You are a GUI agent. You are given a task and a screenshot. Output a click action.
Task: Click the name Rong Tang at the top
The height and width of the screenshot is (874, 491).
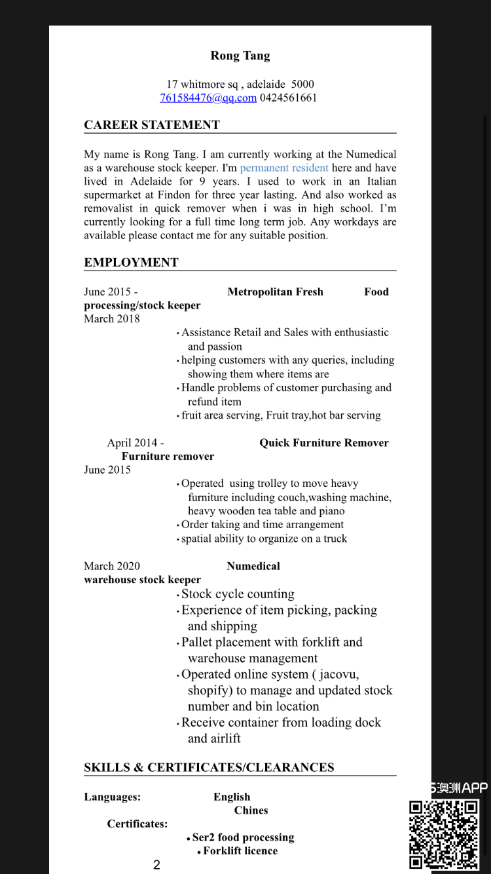click(x=240, y=56)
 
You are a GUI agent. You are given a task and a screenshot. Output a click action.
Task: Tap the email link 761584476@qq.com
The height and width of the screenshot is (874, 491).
click(x=208, y=98)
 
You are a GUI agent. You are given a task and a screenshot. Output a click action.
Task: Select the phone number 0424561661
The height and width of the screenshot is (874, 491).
click(x=288, y=98)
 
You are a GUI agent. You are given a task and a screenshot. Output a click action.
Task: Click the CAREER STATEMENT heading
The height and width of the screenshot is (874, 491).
click(x=152, y=125)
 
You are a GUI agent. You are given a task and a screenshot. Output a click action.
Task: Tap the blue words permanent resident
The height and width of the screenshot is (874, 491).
click(x=284, y=168)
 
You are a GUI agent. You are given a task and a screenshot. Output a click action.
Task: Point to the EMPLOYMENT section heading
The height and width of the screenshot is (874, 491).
click(x=131, y=263)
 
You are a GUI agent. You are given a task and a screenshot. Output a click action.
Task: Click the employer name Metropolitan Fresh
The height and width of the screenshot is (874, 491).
click(x=275, y=292)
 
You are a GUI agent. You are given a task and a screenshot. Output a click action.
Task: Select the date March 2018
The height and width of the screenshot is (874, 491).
click(x=112, y=318)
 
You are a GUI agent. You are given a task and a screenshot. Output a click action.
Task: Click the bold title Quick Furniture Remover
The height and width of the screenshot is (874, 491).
click(x=324, y=443)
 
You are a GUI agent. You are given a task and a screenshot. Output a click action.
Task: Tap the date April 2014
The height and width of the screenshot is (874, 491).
click(x=136, y=443)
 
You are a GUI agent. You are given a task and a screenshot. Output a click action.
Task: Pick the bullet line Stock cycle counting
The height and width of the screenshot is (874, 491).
click(x=238, y=594)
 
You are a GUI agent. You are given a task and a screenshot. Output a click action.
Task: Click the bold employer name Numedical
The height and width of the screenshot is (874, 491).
click(x=253, y=566)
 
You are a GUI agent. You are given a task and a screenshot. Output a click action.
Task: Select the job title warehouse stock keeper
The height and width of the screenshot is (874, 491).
click(x=142, y=580)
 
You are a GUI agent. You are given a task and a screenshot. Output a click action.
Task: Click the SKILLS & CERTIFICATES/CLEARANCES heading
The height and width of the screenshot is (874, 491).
click(x=209, y=767)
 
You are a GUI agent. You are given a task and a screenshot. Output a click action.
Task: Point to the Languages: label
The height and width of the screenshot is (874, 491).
click(x=112, y=797)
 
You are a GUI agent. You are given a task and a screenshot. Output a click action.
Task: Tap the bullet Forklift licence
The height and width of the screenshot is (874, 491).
click(x=240, y=851)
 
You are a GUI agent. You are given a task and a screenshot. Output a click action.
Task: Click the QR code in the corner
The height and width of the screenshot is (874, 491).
click(x=444, y=834)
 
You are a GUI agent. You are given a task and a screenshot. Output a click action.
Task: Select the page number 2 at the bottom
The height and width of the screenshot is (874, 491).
click(x=156, y=865)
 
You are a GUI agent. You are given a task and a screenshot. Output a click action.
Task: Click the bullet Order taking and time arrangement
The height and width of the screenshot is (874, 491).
click(x=262, y=524)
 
